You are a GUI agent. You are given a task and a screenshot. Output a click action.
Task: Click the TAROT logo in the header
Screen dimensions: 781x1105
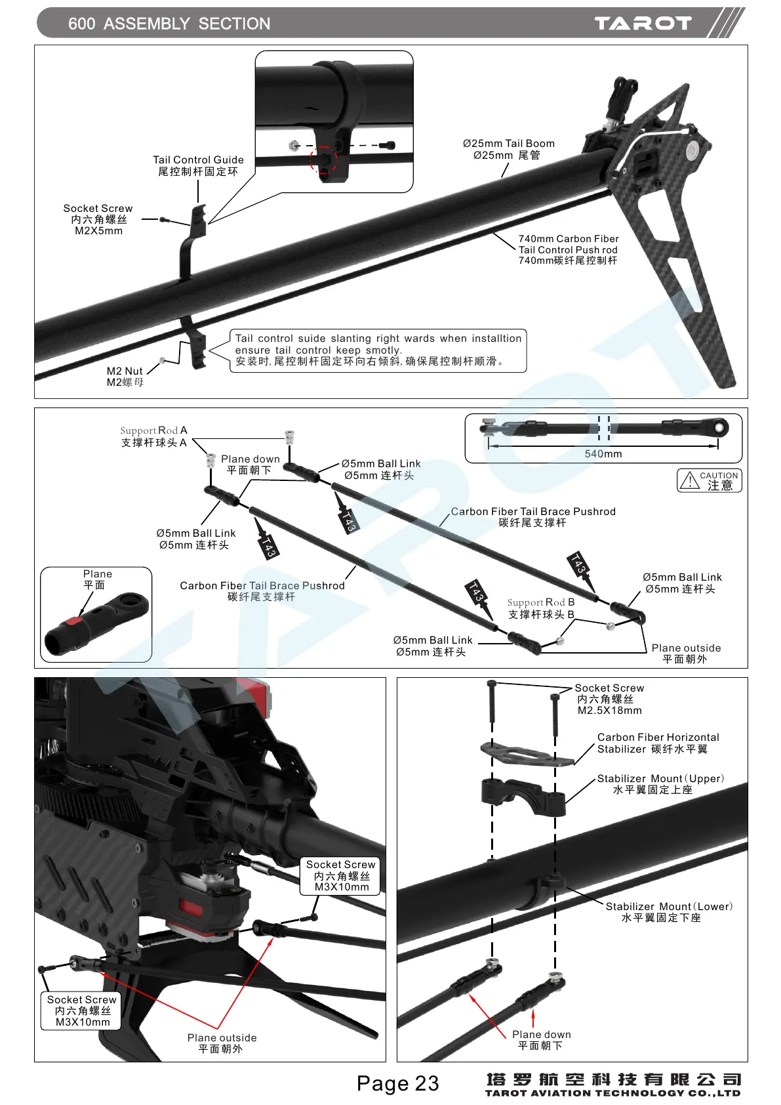coord(643,24)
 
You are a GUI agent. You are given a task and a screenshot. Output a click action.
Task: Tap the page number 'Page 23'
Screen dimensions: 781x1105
coord(397,1083)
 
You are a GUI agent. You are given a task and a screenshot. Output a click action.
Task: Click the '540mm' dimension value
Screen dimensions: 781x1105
coord(603,454)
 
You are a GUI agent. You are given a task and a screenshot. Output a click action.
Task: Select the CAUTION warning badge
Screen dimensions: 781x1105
coord(710,480)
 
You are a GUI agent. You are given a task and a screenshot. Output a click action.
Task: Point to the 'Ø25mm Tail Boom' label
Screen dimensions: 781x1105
coord(509,144)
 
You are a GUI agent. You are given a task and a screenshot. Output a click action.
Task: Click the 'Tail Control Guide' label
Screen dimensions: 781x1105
coord(198,160)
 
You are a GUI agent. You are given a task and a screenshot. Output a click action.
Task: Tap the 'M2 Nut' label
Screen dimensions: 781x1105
coord(125,371)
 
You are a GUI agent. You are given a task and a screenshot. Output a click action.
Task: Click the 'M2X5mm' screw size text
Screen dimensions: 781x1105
coord(98,231)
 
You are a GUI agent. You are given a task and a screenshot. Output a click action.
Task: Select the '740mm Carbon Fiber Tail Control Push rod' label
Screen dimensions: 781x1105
coord(568,249)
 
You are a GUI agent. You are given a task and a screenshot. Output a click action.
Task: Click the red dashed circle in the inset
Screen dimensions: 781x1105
coord(323,159)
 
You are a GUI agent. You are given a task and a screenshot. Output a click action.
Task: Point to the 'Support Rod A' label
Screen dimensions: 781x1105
coord(153,431)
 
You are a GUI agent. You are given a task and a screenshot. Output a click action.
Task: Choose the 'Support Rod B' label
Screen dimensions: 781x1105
coord(541,602)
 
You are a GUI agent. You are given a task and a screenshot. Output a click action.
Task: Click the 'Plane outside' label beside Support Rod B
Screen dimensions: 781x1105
coord(686,648)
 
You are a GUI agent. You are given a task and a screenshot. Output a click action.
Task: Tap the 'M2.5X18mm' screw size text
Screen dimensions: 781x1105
coord(610,711)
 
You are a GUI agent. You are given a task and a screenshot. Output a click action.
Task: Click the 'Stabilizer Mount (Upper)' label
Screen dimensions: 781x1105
coord(660,779)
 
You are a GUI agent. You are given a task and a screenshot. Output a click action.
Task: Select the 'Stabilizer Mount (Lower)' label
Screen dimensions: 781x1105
coord(669,907)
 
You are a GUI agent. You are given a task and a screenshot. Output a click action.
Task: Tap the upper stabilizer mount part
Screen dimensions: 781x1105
coord(523,795)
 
